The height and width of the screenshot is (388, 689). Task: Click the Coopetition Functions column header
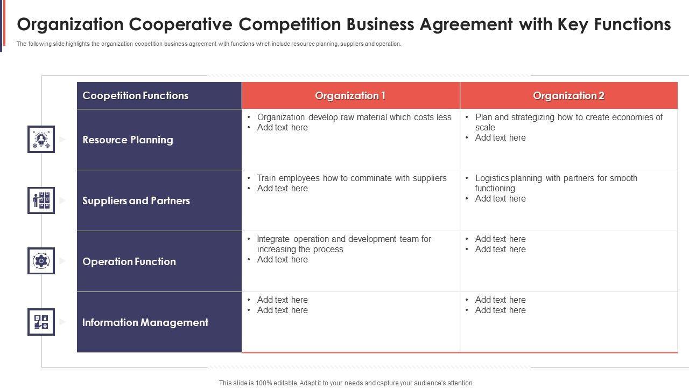135,96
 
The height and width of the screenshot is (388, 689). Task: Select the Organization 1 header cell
350,96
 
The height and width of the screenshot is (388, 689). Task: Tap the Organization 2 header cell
568,96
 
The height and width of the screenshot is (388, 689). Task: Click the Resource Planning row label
128,140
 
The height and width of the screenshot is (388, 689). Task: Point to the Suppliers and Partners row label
136,201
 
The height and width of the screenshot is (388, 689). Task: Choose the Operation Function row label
129,262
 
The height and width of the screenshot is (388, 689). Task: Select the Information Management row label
145,323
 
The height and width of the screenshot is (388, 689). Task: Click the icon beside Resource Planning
41,139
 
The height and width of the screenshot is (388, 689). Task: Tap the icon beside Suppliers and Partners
41,200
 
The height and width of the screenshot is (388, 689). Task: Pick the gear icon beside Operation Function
41,261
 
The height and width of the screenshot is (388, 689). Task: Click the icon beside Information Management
41,322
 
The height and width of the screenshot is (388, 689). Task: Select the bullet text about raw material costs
354,117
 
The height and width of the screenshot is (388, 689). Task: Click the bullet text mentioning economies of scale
568,122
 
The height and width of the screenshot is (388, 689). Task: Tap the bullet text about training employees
351,178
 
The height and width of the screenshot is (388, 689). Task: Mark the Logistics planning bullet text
556,183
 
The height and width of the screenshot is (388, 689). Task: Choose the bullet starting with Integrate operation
344,244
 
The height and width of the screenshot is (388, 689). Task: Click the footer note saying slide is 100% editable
346,383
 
